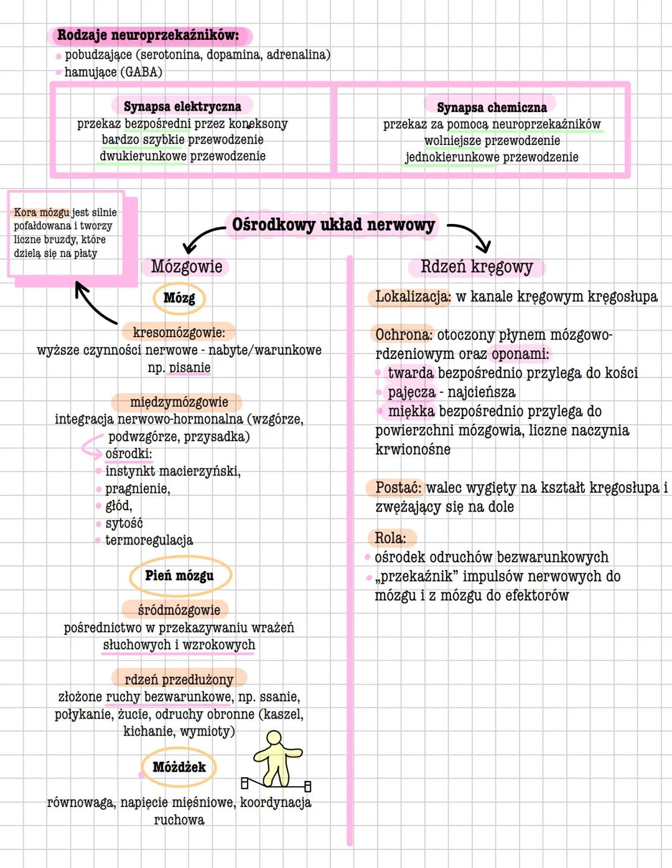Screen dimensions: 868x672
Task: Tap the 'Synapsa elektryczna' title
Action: pos(182,106)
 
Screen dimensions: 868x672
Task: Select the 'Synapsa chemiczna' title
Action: pos(492,108)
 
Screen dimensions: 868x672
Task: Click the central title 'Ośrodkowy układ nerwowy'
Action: pos(333,225)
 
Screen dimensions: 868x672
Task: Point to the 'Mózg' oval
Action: pos(179,298)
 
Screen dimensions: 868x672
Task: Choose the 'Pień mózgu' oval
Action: pos(179,576)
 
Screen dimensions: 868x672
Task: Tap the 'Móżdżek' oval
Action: pos(179,767)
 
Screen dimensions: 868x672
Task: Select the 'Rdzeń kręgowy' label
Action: pos(477,267)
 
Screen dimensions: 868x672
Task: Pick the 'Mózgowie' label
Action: pos(186,267)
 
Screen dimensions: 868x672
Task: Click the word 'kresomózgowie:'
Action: pos(179,333)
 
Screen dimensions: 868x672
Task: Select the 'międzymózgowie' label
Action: pos(179,402)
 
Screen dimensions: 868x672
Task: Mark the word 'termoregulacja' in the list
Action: pos(149,540)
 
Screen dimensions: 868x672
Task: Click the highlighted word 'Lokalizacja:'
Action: pos(413,297)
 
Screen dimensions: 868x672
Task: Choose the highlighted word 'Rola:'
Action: pos(390,538)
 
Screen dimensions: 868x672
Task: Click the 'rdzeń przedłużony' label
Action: pos(179,679)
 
